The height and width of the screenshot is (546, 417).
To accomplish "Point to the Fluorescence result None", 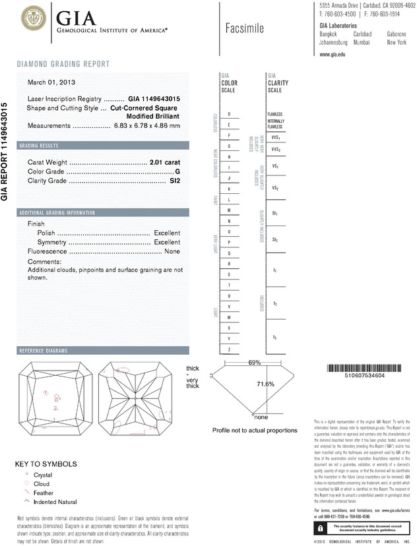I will pos(172,252).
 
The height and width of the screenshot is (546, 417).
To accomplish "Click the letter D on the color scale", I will pos(229,114).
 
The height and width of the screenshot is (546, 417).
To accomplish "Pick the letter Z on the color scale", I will pos(229,349).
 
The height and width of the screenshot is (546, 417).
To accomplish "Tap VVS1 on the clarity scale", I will pos(275,137).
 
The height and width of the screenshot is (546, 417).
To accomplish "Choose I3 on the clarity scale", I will pos(274,338).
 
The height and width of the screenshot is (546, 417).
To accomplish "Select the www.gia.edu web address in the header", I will pos(333,55).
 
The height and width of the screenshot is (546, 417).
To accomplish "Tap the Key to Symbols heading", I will pos(46,464).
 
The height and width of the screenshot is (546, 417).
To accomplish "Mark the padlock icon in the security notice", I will pos(320,528).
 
